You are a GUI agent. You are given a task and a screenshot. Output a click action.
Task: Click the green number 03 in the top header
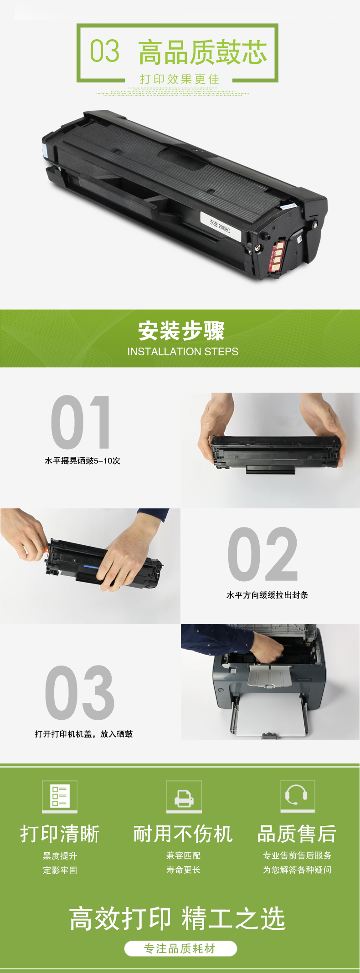(x=104, y=51)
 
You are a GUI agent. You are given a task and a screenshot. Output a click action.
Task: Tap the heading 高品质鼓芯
(x=202, y=52)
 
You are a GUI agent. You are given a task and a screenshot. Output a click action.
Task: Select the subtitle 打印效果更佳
(x=180, y=79)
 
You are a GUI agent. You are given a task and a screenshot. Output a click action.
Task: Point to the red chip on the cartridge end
(x=277, y=256)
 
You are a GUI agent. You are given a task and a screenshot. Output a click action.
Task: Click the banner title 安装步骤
(x=181, y=331)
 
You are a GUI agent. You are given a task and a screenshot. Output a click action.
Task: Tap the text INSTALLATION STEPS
(x=183, y=352)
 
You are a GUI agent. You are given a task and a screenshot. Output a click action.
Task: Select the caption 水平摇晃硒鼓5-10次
(x=82, y=461)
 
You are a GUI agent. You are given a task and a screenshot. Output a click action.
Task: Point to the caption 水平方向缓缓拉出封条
(x=267, y=595)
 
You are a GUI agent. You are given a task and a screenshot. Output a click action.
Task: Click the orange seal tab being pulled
(x=46, y=549)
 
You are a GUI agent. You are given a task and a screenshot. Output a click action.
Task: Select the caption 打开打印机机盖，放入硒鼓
(x=84, y=734)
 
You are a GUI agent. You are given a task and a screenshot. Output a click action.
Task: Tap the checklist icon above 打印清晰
(x=60, y=796)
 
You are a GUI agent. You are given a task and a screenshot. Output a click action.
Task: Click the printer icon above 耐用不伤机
(x=184, y=796)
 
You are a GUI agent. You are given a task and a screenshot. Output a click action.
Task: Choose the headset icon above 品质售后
(x=297, y=796)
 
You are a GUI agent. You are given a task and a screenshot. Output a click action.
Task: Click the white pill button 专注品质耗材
(x=180, y=948)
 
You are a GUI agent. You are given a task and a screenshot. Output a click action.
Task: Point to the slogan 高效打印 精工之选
(x=177, y=918)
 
